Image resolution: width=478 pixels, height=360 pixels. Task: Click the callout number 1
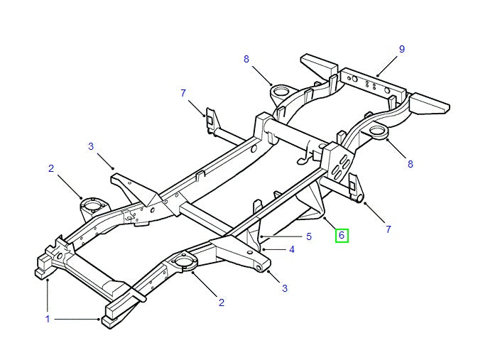click(x=48, y=320)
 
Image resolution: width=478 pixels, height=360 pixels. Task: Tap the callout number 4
click(x=292, y=250)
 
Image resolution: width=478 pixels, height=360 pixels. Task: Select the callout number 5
click(x=309, y=236)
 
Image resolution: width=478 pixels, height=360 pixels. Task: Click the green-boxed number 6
click(x=342, y=235)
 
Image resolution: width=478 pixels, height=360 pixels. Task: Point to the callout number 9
click(x=401, y=49)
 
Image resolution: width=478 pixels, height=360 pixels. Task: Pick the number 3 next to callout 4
click(x=285, y=288)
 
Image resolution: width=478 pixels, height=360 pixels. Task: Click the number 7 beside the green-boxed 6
click(x=389, y=229)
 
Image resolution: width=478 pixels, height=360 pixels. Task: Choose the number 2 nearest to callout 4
click(x=222, y=303)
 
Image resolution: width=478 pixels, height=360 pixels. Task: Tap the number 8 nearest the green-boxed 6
click(x=410, y=164)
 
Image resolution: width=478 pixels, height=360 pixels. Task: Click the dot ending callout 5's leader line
click(x=261, y=235)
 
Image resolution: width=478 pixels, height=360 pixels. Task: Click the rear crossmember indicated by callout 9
click(x=372, y=86)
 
